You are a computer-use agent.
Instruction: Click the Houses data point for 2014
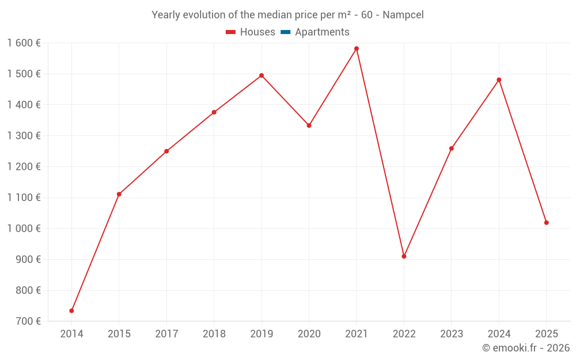pos(71,310)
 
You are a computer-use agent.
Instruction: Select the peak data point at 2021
pos(357,48)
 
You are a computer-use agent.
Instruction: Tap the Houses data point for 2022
pos(404,256)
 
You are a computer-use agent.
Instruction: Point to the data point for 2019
pos(262,75)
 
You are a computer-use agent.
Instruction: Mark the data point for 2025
pos(546,222)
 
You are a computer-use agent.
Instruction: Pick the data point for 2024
pos(499,79)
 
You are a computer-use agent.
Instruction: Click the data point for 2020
pos(309,125)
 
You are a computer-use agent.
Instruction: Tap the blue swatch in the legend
pos(285,32)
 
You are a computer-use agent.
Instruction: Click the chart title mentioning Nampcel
pos(287,15)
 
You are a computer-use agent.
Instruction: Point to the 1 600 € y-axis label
pos(24,43)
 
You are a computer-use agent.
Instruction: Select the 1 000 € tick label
pos(24,228)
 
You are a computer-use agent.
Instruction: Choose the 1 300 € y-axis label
pos(24,135)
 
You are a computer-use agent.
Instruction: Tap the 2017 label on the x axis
pos(166,334)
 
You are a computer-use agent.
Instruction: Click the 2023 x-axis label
pos(451,334)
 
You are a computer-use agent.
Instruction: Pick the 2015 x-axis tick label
pos(119,334)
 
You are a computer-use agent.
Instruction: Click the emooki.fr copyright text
pos(526,348)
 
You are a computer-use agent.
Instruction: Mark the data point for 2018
pos(214,112)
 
